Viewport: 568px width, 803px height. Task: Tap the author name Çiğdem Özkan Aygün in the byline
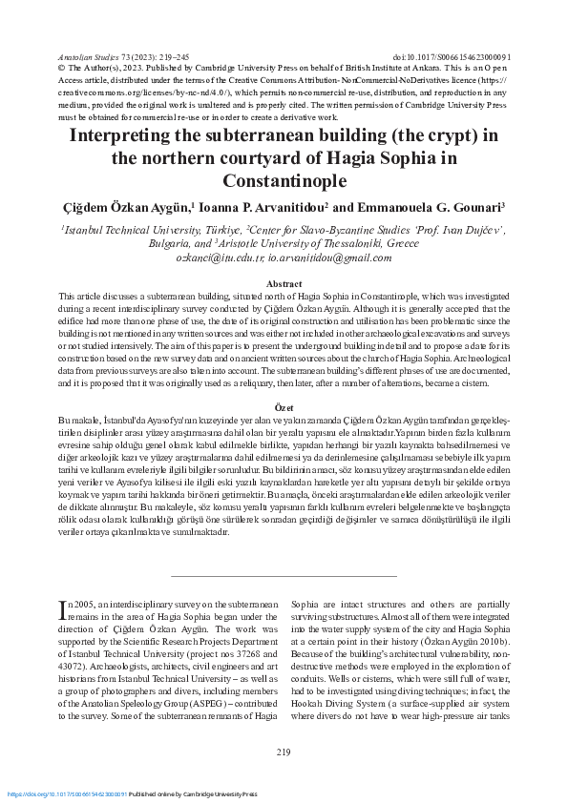[x=135, y=207]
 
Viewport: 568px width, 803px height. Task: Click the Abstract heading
[x=284, y=284]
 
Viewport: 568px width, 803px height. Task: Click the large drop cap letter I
[x=63, y=607]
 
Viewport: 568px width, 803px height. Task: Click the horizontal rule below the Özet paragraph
[x=284, y=576]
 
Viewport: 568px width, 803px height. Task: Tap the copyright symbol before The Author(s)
[x=62, y=69]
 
